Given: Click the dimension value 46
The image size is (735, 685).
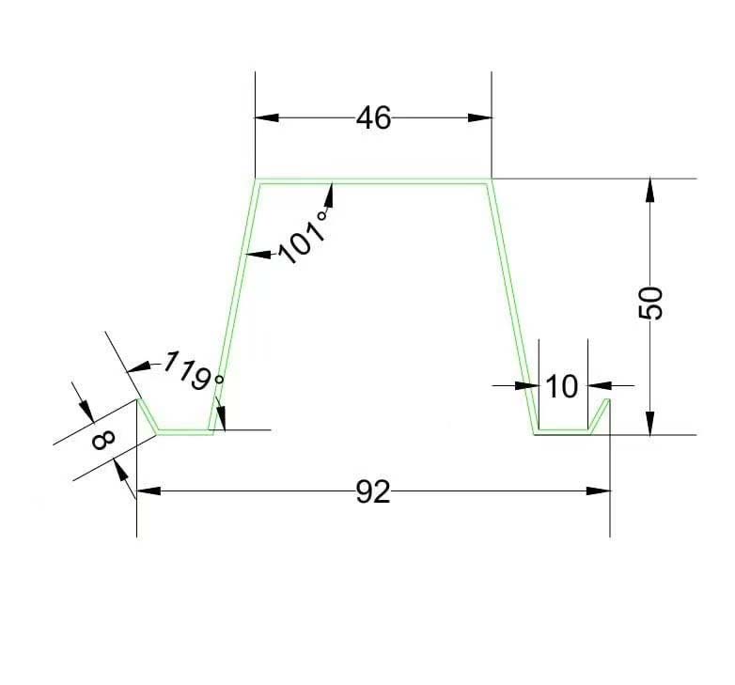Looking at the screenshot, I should pyautogui.click(x=373, y=118).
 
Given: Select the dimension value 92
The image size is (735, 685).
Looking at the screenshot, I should pyautogui.click(x=373, y=491).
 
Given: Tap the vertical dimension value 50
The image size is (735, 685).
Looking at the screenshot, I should pyautogui.click(x=651, y=303).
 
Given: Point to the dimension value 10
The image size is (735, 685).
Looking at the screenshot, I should pyautogui.click(x=562, y=386).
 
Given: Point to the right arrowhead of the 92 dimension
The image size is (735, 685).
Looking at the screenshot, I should pyautogui.click(x=598, y=490).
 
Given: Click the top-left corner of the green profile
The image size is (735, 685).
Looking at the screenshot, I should pyautogui.click(x=257, y=180).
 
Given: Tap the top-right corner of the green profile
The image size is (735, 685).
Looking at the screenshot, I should pyautogui.click(x=490, y=180).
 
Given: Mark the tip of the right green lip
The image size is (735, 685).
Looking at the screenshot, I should pyautogui.click(x=609, y=400).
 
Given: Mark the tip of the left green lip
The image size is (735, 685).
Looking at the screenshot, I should pyautogui.click(x=139, y=400).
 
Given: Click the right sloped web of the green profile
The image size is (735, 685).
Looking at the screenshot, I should pyautogui.click(x=511, y=305).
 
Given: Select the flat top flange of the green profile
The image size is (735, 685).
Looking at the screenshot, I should pyautogui.click(x=373, y=181).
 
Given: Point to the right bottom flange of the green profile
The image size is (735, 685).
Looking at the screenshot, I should pyautogui.click(x=562, y=432).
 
